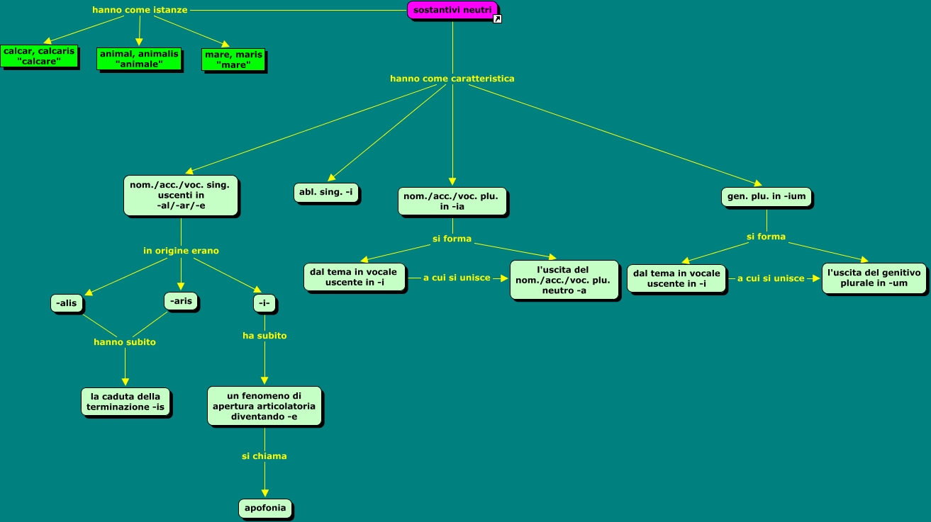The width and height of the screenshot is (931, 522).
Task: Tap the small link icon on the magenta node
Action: pos(497,19)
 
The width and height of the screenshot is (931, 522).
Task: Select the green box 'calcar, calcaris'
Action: pos(39,56)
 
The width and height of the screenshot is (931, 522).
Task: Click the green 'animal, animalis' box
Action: pos(139,59)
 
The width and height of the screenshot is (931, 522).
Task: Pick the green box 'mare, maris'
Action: pos(233,59)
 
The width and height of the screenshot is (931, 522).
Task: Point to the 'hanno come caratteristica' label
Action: pos(452,79)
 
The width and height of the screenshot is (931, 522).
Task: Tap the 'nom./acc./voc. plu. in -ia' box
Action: pos(453,201)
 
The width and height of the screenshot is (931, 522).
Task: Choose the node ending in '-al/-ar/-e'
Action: pos(180,195)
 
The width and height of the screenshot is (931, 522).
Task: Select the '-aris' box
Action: pos(181,301)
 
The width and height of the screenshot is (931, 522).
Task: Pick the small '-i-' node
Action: pos(264,304)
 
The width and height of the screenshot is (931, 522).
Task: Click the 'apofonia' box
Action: pos(265,509)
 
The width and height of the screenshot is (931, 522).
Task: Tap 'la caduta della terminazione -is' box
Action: pos(126,402)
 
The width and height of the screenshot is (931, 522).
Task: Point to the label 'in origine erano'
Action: pos(181,251)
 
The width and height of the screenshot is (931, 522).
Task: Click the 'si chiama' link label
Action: pos(264,456)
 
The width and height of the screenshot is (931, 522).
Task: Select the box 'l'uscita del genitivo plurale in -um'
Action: pos(874,278)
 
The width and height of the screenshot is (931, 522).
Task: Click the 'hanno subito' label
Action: pos(125,342)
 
